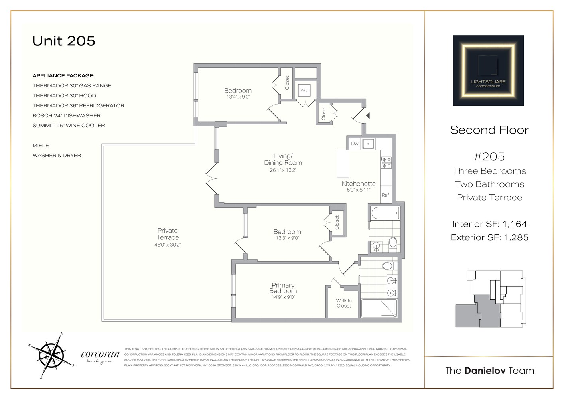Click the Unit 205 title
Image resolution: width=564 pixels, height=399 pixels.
pos(64,41)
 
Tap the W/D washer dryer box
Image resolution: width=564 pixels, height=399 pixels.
pos(304,90)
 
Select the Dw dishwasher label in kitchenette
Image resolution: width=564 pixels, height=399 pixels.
pos(355,144)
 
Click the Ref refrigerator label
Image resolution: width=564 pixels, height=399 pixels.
pos(385,195)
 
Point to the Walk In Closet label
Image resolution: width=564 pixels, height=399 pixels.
pos(343,303)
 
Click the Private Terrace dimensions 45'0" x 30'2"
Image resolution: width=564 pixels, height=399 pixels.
pos(168,245)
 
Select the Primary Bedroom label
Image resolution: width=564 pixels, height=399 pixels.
pos(283,288)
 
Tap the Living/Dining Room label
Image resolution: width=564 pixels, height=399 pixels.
pos(283,159)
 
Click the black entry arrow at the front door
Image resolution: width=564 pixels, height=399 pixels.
pos(368,115)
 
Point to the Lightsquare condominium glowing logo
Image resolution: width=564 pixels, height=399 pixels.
pos(488,71)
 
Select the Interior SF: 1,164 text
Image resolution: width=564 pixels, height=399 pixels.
pos(489,224)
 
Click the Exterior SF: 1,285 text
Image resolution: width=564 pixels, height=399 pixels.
pos(489,237)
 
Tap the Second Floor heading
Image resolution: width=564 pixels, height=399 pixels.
pos(489,130)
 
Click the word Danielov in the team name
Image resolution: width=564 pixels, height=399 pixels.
pos(485,371)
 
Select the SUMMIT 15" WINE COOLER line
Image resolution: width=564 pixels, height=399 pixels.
pos(69,125)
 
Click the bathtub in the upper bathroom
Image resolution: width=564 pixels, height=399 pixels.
pos(385,213)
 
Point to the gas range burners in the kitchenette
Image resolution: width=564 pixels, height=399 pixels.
pos(386,162)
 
